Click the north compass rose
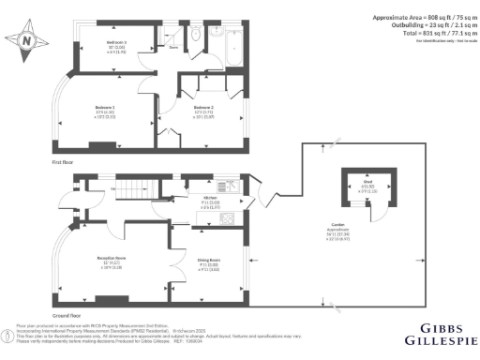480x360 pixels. pos(26,40)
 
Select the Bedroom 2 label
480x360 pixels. pos(204,109)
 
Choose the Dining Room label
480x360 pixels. pos(208,260)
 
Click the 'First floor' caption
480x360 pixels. pos(62,162)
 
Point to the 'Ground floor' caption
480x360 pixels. pos(64,315)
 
